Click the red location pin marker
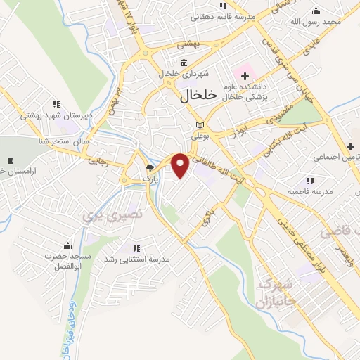pos(181,165)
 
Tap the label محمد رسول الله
pos(316,22)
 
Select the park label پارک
pos(148,179)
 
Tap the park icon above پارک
pos(149,168)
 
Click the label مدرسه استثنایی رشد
pos(137,259)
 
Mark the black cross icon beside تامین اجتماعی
pos(350,146)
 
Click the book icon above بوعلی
pos(199,126)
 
